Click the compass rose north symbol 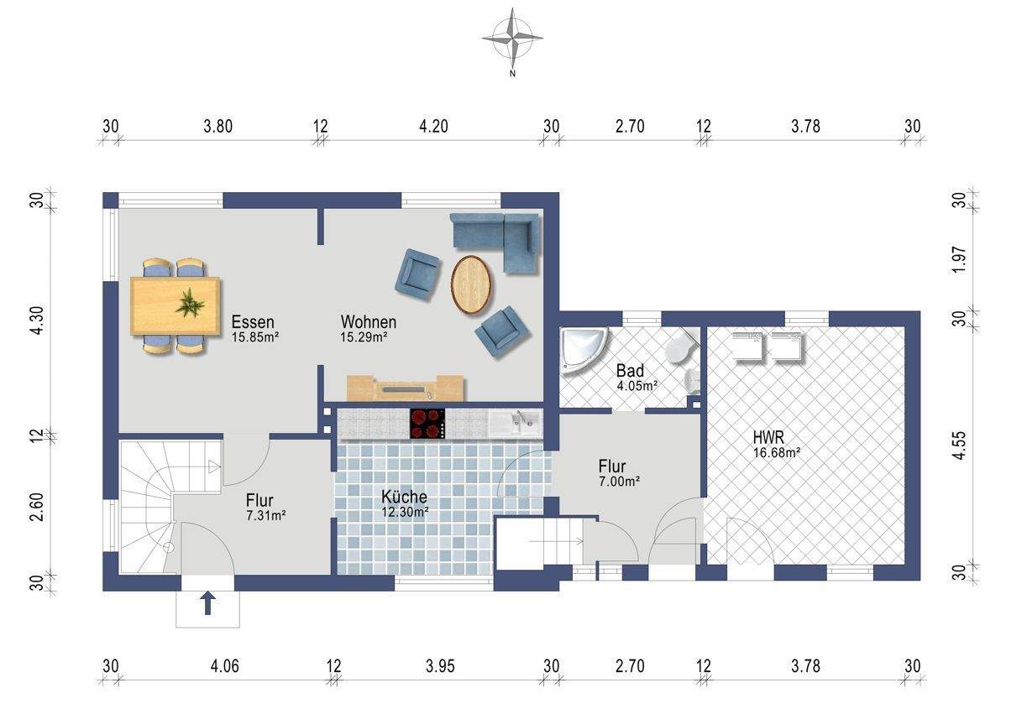[x=512, y=40]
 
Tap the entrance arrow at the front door [x=208, y=602]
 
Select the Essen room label [x=253, y=322]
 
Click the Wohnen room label [x=368, y=322]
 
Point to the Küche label [x=404, y=497]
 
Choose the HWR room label [x=768, y=438]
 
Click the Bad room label [x=630, y=371]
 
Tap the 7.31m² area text [x=266, y=516]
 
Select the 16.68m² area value [x=777, y=453]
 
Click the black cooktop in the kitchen [x=427, y=424]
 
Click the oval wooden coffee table [x=472, y=284]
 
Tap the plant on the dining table [x=190, y=302]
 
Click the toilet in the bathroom [x=680, y=347]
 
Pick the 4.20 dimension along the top [x=433, y=127]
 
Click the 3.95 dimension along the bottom [x=440, y=666]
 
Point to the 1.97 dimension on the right [x=960, y=260]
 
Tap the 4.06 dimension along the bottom [x=224, y=666]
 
